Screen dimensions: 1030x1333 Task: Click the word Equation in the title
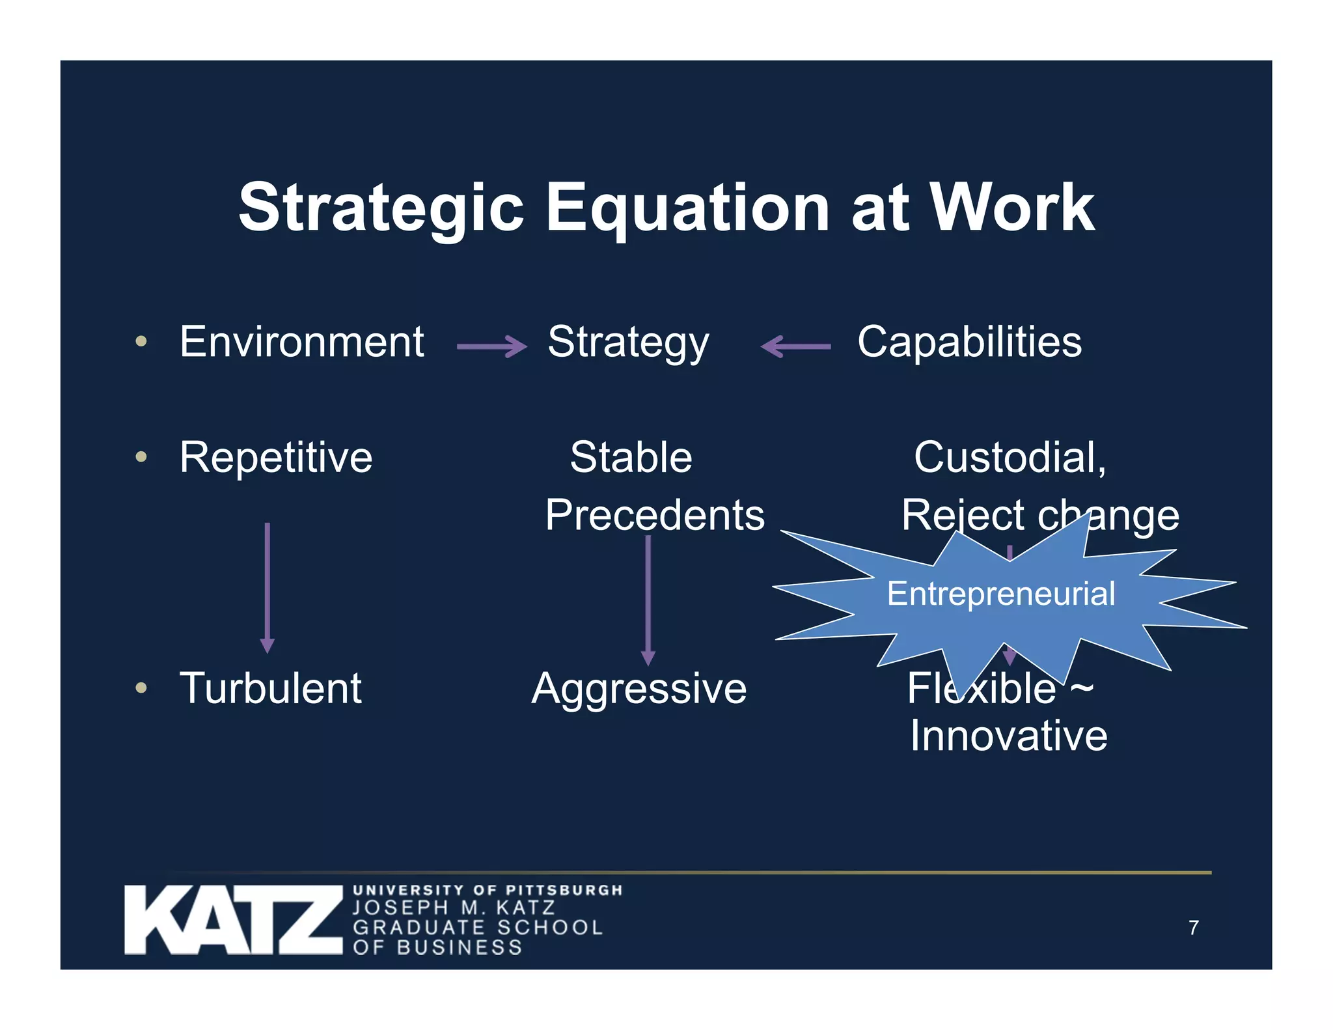click(687, 208)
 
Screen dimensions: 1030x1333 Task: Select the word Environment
click(302, 342)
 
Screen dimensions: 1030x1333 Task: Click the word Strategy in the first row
click(628, 343)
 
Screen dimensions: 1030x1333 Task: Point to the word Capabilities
click(969, 342)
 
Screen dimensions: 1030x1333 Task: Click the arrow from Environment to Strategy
click(491, 346)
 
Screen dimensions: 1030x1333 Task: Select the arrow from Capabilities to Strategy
click(796, 346)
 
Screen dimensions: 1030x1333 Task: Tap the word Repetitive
click(276, 457)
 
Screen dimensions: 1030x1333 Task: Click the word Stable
click(631, 457)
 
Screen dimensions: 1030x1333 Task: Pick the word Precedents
click(655, 515)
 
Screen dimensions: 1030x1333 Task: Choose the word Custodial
click(1009, 457)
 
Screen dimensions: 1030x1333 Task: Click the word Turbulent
click(270, 688)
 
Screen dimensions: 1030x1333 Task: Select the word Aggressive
click(639, 689)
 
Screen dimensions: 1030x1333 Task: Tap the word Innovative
click(1008, 736)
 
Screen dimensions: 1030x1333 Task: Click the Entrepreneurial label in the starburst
click(1001, 594)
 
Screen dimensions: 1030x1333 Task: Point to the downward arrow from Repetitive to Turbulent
click(267, 586)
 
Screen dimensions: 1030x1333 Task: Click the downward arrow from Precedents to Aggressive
click(648, 599)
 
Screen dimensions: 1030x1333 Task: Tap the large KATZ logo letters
click(233, 919)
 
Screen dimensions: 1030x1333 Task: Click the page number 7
click(1193, 928)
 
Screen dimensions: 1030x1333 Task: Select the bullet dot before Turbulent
click(141, 688)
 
